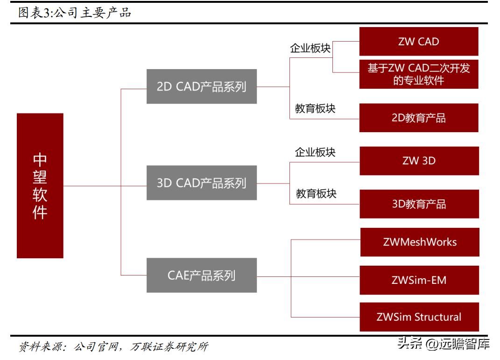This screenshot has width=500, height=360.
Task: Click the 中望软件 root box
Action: pos(40,186)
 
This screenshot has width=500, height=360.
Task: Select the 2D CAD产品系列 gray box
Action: pos(201,86)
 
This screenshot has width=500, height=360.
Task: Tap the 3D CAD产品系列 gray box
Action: pos(201,183)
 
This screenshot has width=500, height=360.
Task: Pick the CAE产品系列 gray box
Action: pos(201,275)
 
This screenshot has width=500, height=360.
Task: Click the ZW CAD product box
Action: pos(418,42)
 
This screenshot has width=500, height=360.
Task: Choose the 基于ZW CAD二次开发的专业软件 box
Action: pos(418,74)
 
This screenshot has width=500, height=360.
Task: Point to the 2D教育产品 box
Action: pos(418,118)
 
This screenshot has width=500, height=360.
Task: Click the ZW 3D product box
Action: pos(419,161)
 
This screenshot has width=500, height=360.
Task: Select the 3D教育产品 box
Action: pos(419,204)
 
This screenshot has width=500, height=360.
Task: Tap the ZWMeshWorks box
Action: pos(419,242)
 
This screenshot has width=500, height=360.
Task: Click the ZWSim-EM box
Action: pos(419,280)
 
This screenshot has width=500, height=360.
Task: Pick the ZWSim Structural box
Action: pos(419,317)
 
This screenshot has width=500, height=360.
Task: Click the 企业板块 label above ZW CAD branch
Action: pos(310,49)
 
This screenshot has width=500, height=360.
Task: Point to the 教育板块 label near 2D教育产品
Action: pos(315,108)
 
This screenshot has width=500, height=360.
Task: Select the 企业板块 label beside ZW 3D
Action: pos(315,152)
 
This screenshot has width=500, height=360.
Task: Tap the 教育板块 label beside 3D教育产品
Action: pos(316,193)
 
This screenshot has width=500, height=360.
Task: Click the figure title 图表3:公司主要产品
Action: pos(75,13)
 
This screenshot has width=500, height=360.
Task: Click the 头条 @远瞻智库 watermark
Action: pos(443,345)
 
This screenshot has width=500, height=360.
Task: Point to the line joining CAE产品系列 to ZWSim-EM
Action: pos(308,277)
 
